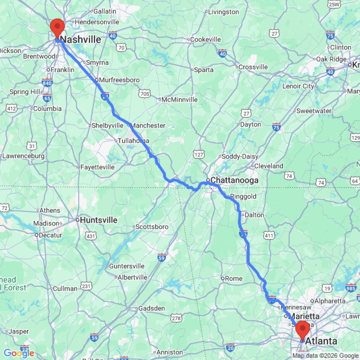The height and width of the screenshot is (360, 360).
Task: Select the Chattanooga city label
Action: click(x=234, y=180)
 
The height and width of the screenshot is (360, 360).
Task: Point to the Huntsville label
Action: click(x=99, y=220)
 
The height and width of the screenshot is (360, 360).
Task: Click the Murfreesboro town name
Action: click(x=119, y=80)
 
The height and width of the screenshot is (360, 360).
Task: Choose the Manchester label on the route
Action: click(x=148, y=125)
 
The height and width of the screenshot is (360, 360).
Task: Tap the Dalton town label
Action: click(x=254, y=215)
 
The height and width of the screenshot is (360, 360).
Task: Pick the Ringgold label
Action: click(x=243, y=197)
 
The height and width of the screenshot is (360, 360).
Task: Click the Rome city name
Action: click(x=234, y=278)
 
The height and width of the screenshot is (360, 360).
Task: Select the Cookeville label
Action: click(x=206, y=39)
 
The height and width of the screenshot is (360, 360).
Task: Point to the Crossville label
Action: click(x=253, y=67)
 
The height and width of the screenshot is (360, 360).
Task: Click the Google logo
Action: click(x=18, y=353)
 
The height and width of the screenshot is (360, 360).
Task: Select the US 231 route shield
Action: click(x=86, y=287)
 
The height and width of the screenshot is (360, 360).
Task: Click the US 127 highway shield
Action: click(x=198, y=154)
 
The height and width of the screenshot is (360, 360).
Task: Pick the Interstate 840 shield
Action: click(x=47, y=82)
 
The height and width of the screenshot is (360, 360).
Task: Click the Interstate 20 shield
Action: click(x=231, y=347)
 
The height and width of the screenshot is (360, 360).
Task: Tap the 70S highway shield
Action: click(x=144, y=94)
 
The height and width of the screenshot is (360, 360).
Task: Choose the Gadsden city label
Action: click(x=152, y=308)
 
